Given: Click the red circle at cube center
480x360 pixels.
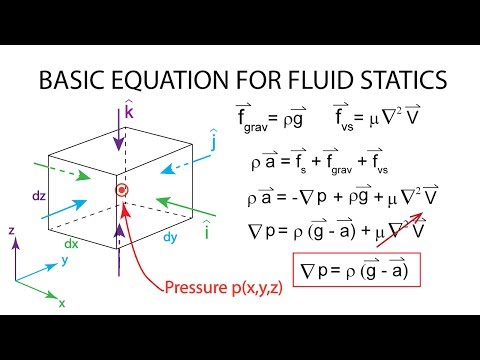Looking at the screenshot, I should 122,190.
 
